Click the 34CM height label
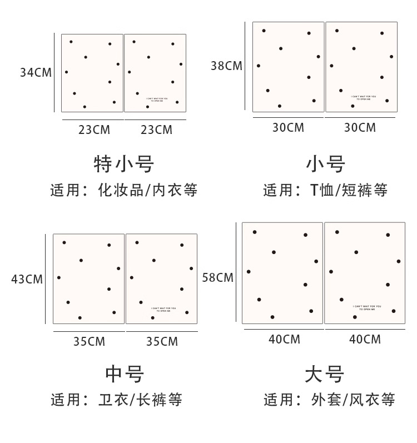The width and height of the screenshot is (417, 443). (36, 72)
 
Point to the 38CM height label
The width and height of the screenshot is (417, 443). (226, 66)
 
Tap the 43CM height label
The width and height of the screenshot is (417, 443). (27, 279)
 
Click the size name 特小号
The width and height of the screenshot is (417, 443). (123, 164)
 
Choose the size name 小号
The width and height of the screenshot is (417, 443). (325, 164)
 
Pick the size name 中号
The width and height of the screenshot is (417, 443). (125, 374)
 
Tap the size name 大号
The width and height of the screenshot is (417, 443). (325, 374)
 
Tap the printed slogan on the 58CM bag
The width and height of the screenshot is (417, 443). (367, 307)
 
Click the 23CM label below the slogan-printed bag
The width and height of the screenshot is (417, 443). (156, 130)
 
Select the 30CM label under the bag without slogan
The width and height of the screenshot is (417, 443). (288, 128)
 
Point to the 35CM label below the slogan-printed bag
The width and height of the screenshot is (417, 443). (162, 341)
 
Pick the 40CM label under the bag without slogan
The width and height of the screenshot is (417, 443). (284, 339)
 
